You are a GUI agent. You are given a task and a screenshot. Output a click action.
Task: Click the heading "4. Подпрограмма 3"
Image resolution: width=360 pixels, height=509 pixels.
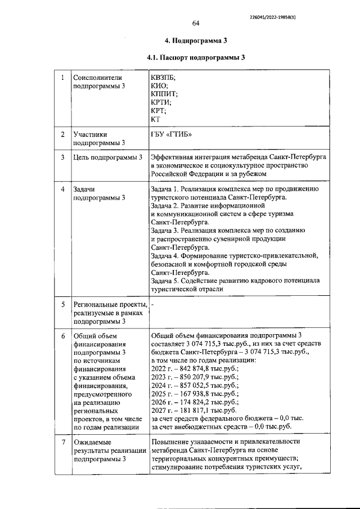[x=195, y=41]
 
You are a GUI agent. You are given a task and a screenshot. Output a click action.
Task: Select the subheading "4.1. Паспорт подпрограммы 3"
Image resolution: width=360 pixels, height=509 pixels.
[x=195, y=57]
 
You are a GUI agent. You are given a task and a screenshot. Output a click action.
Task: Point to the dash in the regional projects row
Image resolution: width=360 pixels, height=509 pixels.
[x=153, y=304]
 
